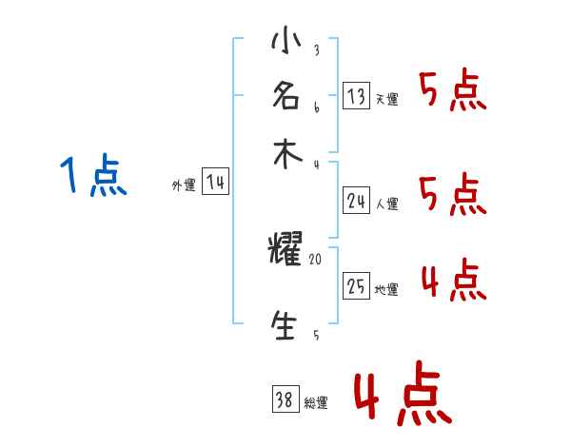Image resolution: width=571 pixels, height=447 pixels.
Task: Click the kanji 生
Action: tap(285, 324)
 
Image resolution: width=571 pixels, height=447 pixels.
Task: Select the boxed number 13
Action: tap(357, 96)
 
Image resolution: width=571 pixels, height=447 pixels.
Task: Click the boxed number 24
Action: tap(357, 200)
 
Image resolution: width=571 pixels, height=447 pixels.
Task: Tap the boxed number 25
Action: tap(357, 286)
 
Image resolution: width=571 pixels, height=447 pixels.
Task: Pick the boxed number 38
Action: tap(285, 400)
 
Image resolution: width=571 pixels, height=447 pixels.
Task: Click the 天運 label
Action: tap(386, 99)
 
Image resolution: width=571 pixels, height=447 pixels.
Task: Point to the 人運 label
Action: tap(386, 203)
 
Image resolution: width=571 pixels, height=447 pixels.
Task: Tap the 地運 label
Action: tap(386, 289)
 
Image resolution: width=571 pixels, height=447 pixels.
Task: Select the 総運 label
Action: tap(316, 403)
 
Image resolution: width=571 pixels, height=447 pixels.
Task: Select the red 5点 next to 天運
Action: tap(453, 92)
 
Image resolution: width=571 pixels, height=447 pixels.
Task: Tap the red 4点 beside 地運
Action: tap(453, 282)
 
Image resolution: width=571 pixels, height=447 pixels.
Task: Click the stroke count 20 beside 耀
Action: tap(316, 257)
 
